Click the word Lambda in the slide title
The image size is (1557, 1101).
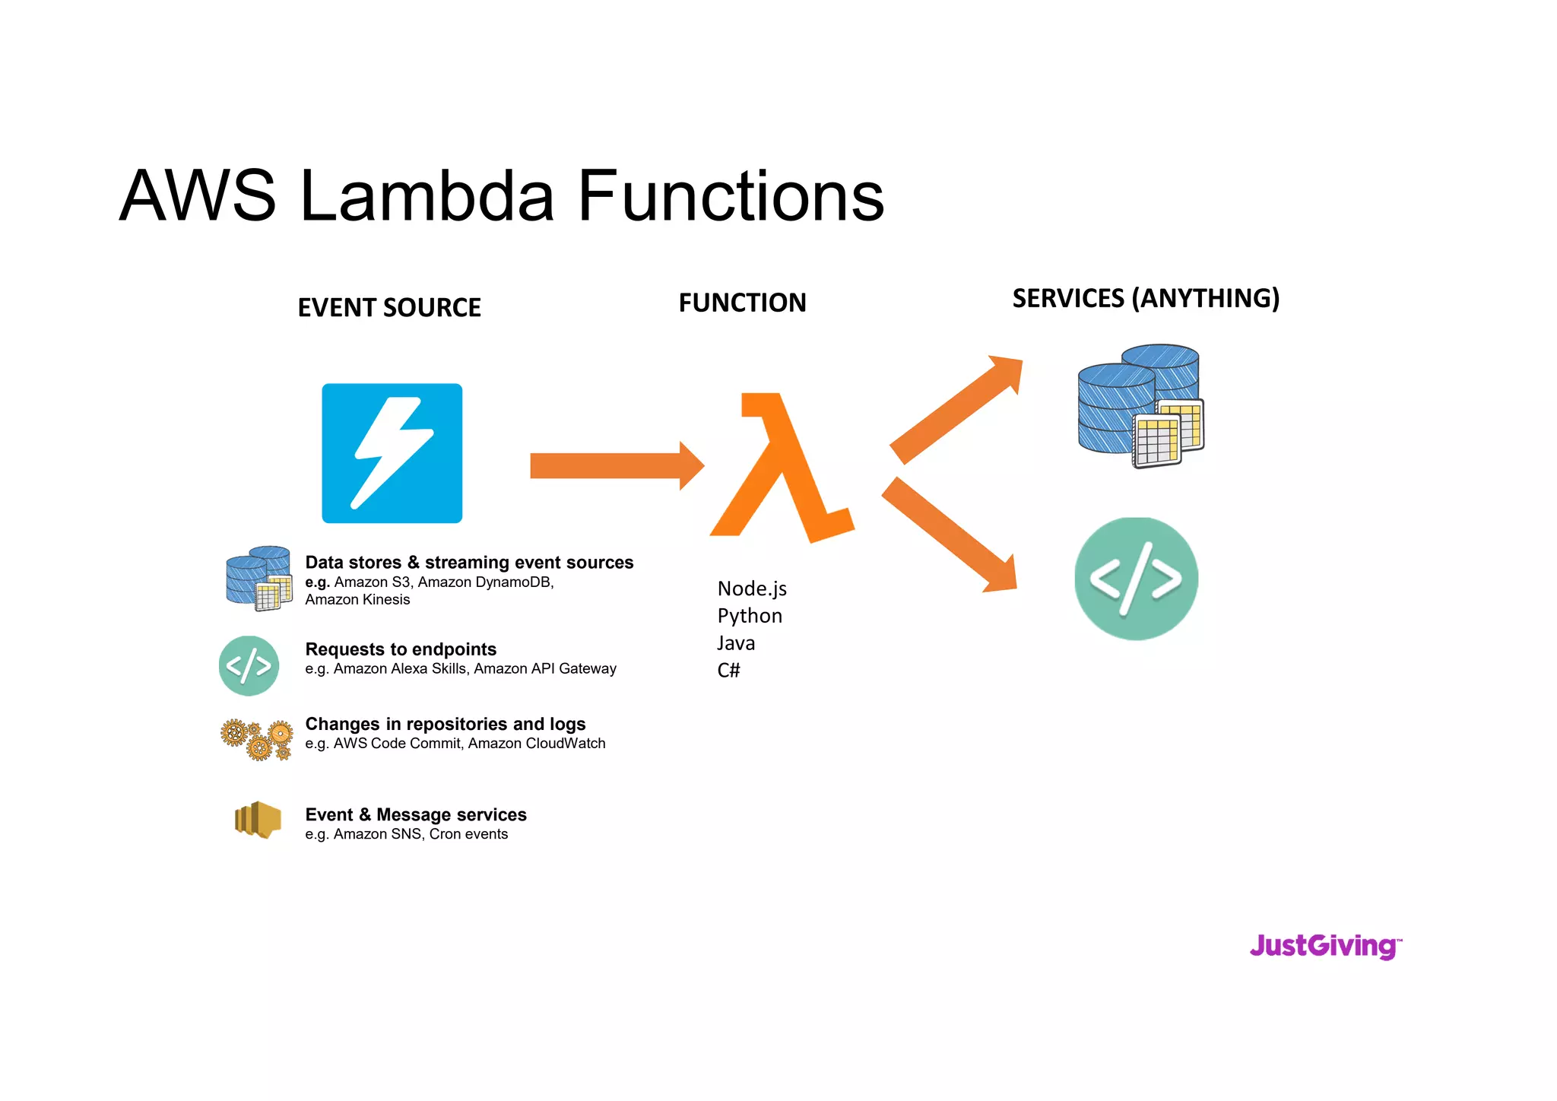coord(427,196)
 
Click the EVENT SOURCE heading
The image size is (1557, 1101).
coord(389,308)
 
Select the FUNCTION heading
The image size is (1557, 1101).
coord(742,303)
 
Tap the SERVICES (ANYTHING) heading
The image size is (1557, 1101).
coord(1146,298)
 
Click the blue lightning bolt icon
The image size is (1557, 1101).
coord(392,453)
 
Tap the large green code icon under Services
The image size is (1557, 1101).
coord(1136,579)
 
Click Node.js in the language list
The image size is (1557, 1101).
coord(751,589)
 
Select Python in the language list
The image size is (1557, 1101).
coord(749,616)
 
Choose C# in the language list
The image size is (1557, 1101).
coord(728,670)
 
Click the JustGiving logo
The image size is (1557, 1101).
coord(1324,946)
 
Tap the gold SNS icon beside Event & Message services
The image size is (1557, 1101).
coord(258,820)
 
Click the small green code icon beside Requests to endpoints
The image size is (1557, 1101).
coord(249,666)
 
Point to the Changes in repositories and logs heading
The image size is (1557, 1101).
coord(445,724)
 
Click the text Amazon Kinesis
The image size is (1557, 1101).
coord(357,600)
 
